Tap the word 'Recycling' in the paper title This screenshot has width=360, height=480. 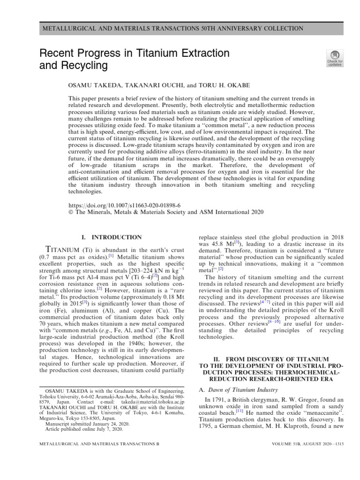point(84,66)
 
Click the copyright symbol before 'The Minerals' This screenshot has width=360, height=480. point(71,212)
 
